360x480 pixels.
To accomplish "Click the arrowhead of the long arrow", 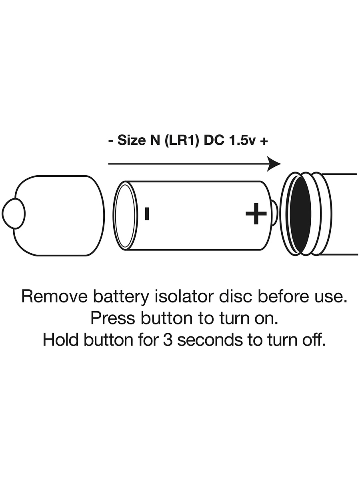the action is click(274, 164).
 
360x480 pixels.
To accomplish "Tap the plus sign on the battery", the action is click(256, 214).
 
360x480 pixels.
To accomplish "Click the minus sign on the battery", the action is click(147, 214).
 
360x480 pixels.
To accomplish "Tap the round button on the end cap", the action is click(14, 214).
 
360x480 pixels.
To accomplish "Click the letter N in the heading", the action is click(155, 140).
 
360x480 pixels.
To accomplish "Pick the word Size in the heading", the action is click(132, 140).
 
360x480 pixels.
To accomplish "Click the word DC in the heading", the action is click(214, 140).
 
